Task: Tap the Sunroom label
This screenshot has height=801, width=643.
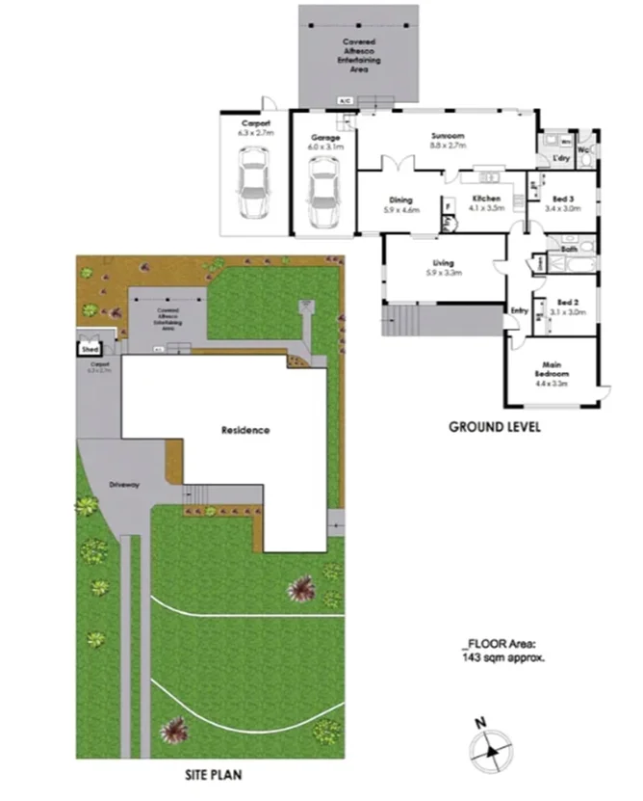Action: [x=448, y=136]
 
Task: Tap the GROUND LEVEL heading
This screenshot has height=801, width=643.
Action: [x=495, y=426]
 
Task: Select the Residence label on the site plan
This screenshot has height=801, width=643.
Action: [x=245, y=430]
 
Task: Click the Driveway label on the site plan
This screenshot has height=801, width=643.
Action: [x=125, y=484]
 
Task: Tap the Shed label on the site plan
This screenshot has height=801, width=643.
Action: [x=90, y=349]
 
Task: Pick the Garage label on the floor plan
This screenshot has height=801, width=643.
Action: [x=324, y=140]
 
